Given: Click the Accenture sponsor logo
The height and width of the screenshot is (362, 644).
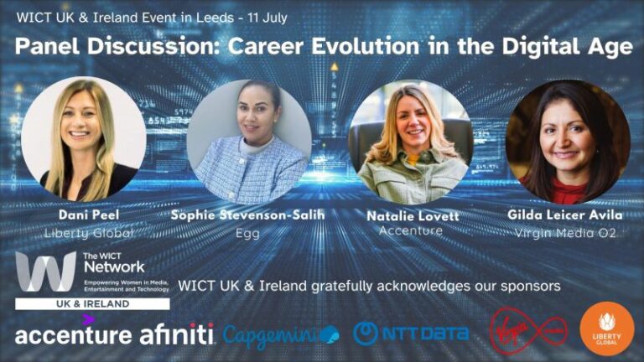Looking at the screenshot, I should [x=73, y=334].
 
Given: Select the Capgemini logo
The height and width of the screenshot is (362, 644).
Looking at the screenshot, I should [x=281, y=334].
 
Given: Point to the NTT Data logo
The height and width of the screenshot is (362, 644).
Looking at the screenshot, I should [x=411, y=334].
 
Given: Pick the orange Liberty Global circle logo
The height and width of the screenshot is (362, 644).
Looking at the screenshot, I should [x=606, y=329].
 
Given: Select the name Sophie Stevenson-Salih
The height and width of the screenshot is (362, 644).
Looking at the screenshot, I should [x=247, y=216].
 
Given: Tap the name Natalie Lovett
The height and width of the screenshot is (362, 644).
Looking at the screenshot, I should [x=411, y=216].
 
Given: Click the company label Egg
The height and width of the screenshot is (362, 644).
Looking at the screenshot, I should [x=247, y=234].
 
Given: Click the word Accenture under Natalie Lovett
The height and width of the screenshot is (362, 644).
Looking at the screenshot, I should [x=411, y=230].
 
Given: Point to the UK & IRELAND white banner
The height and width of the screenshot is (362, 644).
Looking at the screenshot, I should [x=92, y=303].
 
